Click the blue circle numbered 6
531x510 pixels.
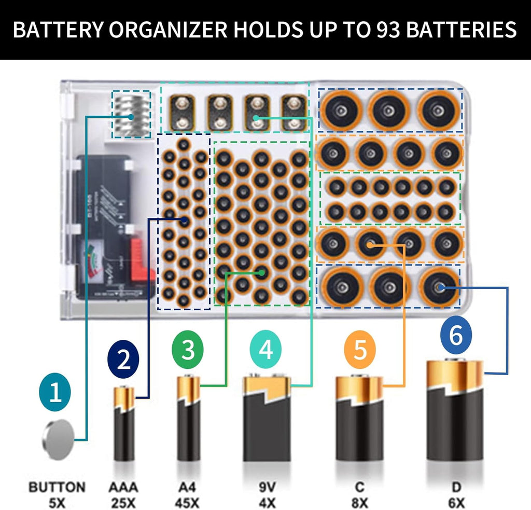tap(456, 336)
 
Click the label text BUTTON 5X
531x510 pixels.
tap(57, 495)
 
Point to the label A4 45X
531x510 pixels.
tap(188, 495)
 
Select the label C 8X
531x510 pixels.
tap(359, 495)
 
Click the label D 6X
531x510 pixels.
tap(456, 495)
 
